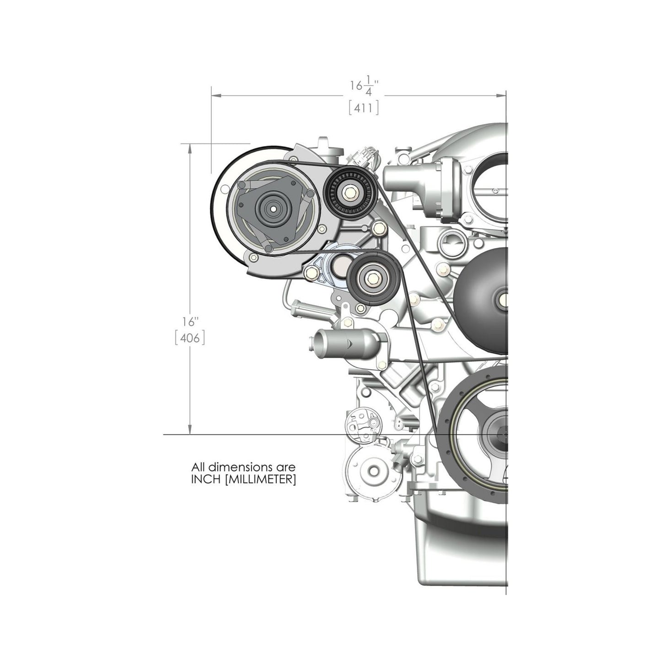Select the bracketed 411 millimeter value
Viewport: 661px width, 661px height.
click(x=364, y=108)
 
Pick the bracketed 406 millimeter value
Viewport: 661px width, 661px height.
click(x=189, y=339)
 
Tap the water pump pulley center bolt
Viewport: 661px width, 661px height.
click(x=503, y=300)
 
